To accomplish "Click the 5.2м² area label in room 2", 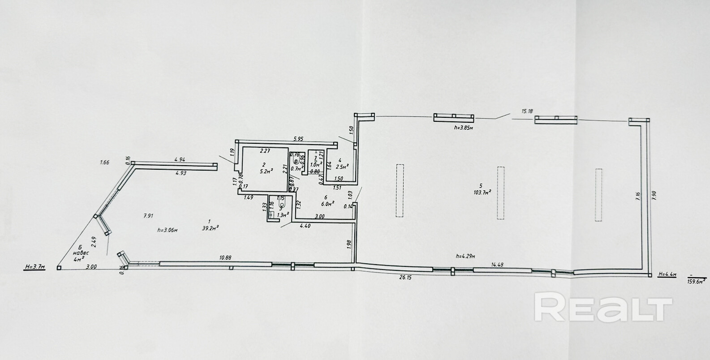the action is pos(266,171).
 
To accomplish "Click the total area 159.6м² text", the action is pos(697,281).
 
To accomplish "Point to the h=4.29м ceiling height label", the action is pos(465,256).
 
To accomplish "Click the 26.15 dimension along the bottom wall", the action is pos(404,278).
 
